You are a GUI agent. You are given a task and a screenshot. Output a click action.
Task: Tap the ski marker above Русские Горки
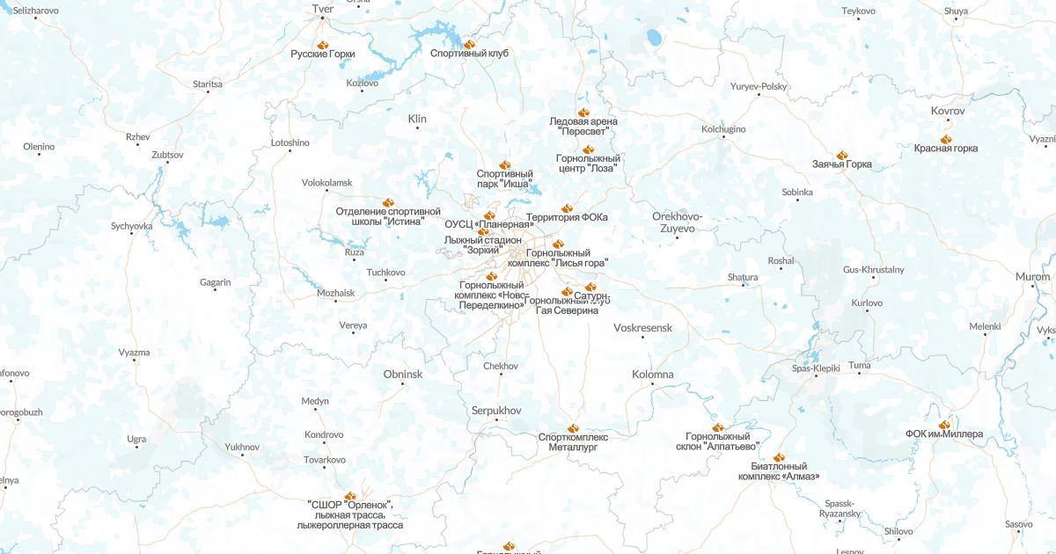click(x=323, y=43)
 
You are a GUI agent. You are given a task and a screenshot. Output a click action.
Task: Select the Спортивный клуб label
click(x=469, y=54)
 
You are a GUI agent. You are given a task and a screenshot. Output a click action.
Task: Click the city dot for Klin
click(x=417, y=128)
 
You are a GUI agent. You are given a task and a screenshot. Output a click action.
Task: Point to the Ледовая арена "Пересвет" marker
click(x=583, y=112)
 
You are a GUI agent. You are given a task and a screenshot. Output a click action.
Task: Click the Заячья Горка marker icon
click(x=841, y=155)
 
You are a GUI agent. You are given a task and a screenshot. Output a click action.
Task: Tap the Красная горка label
click(x=945, y=149)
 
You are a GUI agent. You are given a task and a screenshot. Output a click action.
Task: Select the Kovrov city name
click(x=948, y=112)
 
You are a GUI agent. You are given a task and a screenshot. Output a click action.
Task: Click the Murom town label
click(x=1032, y=277)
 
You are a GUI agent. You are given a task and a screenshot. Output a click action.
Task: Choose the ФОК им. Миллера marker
click(x=944, y=425)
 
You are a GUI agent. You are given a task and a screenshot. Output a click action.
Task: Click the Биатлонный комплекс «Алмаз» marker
click(x=779, y=457)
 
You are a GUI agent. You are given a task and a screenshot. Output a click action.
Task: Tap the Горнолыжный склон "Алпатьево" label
click(x=718, y=441)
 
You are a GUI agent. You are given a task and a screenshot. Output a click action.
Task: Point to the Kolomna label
click(x=652, y=375)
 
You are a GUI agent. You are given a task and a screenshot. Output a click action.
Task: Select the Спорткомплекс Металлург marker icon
click(x=573, y=427)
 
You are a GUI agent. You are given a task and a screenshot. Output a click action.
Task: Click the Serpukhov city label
click(x=496, y=411)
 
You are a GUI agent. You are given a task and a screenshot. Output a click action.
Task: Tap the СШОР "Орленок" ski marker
click(x=350, y=496)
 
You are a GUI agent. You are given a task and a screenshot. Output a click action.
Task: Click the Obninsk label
click(x=403, y=375)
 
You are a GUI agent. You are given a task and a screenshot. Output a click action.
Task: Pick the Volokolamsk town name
click(x=326, y=183)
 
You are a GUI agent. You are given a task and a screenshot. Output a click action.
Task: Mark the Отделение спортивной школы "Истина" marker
click(x=386, y=201)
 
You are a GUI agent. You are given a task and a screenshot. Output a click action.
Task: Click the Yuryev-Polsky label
click(x=759, y=86)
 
